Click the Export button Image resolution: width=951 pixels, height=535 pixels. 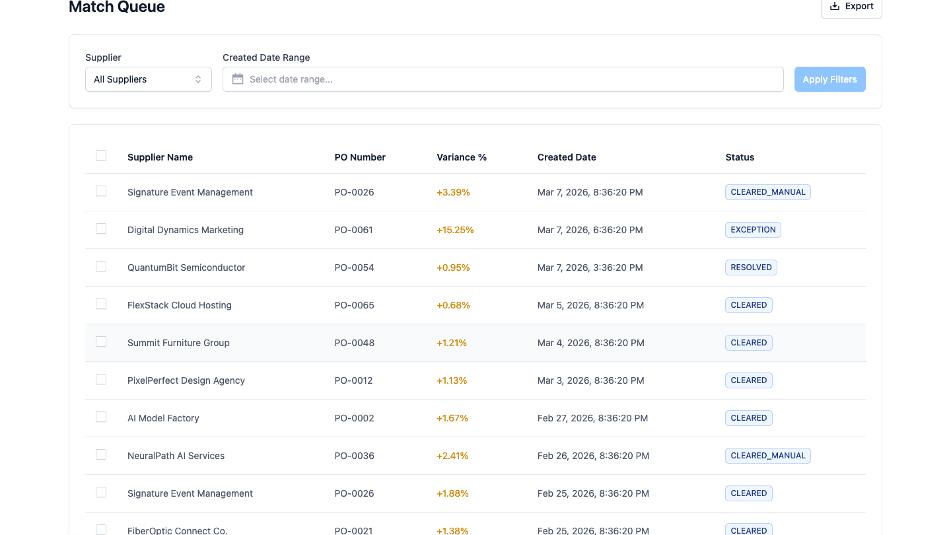(851, 7)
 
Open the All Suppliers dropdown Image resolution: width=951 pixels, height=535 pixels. (148, 79)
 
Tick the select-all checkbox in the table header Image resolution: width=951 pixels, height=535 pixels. (101, 155)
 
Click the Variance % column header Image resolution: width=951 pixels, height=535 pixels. (461, 157)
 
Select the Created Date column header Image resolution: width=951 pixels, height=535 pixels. (566, 157)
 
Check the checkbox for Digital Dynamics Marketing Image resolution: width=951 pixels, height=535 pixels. (101, 229)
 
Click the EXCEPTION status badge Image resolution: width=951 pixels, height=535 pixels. (752, 230)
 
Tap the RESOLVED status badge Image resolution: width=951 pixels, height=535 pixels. (751, 267)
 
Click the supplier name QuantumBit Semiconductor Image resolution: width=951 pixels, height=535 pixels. (186, 267)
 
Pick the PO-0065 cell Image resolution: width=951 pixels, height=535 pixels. (354, 305)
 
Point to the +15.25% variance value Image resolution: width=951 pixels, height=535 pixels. (455, 230)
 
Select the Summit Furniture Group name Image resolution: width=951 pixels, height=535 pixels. (178, 343)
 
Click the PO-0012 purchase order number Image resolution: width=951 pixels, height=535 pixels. (353, 380)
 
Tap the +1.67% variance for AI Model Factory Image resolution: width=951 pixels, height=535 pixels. (452, 418)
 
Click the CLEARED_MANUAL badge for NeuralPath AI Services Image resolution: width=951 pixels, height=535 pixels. (767, 456)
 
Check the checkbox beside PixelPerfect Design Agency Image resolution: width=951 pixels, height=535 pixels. (101, 379)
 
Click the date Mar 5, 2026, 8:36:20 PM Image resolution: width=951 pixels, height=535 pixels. (590, 305)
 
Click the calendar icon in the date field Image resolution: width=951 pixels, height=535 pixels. (238, 79)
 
